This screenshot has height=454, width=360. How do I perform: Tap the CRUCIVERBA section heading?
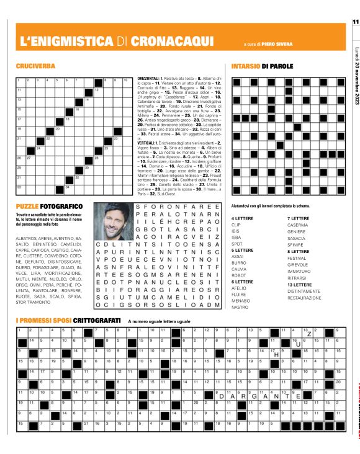click(x=34, y=66)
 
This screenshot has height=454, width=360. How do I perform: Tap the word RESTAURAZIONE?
click(x=304, y=298)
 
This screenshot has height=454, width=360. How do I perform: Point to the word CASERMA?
click(x=297, y=242)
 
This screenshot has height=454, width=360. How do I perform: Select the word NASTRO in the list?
click(x=240, y=306)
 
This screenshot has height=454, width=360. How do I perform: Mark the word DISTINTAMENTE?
click(x=304, y=292)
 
